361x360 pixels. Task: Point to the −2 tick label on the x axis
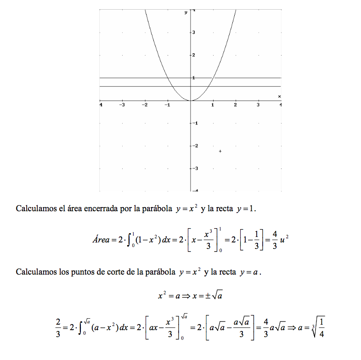click(145, 105)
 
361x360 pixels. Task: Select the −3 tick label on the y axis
click(195, 169)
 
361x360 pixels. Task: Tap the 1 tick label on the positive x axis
click(213, 105)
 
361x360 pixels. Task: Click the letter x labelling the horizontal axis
click(279, 96)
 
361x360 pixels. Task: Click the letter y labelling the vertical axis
click(186, 12)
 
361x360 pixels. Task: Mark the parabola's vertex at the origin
click(191, 101)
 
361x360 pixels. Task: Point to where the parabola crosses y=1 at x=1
click(213, 78)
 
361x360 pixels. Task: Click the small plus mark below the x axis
click(220, 151)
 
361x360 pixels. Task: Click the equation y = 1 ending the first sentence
click(245, 209)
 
